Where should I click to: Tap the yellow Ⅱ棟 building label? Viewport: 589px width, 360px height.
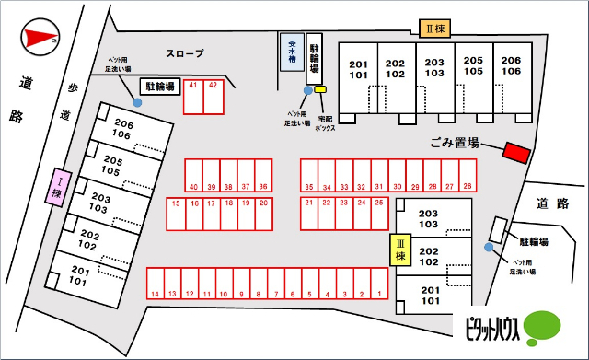(x=434, y=29)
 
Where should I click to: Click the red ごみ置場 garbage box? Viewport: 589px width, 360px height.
(x=516, y=152)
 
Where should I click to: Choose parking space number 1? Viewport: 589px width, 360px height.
(x=378, y=284)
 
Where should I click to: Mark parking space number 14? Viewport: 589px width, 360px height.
(x=156, y=284)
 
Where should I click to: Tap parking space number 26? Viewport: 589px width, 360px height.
(x=468, y=175)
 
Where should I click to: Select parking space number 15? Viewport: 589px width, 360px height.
(x=175, y=214)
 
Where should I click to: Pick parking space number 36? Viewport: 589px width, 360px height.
(x=263, y=175)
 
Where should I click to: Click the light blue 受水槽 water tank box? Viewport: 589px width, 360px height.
(x=291, y=52)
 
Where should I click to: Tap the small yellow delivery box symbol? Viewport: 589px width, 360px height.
(x=320, y=89)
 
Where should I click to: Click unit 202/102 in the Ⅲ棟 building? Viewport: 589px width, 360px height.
(x=429, y=255)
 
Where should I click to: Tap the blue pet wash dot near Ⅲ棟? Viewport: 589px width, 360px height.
(x=488, y=247)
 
